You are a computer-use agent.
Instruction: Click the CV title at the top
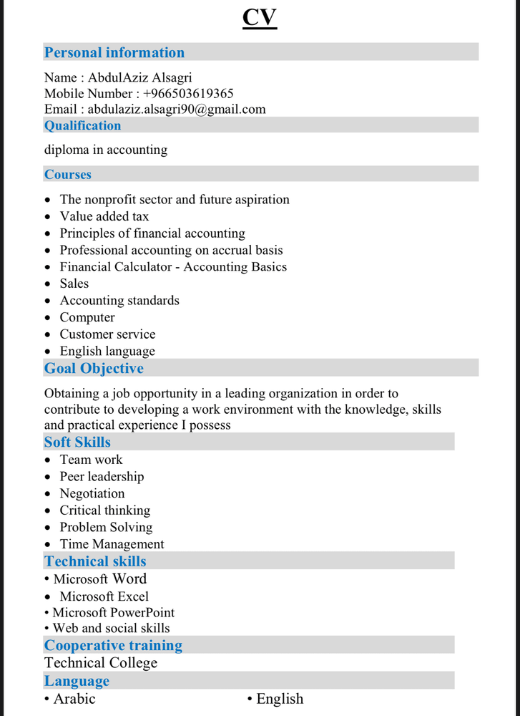click(260, 17)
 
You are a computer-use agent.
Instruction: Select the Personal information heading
click(114, 52)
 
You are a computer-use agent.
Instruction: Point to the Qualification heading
click(83, 125)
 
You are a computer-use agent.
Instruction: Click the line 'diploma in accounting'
click(106, 150)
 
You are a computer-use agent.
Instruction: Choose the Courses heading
click(68, 174)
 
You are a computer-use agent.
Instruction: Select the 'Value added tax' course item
click(104, 216)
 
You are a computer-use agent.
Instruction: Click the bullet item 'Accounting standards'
click(119, 301)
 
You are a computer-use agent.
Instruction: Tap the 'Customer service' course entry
click(107, 334)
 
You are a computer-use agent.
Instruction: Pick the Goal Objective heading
click(94, 369)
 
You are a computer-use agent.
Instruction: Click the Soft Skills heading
click(77, 442)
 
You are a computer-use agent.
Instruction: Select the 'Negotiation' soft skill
click(92, 493)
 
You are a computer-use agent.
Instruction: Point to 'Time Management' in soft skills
click(112, 544)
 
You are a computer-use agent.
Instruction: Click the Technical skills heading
click(95, 561)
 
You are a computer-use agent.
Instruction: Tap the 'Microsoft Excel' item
click(104, 596)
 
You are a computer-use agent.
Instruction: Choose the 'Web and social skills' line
click(111, 628)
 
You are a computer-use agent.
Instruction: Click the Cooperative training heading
click(113, 645)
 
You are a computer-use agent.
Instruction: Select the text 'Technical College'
click(101, 663)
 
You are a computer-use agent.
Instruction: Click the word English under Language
click(280, 699)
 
